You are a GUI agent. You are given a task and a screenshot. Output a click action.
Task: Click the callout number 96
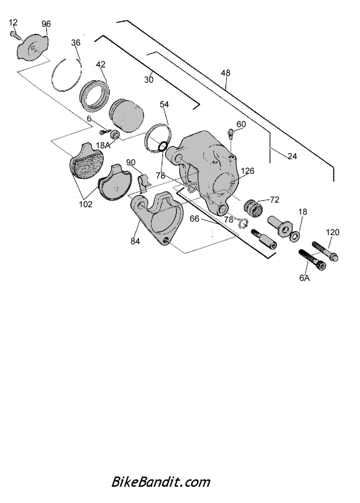(46, 24)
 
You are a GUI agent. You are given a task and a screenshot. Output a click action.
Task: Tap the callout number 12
(13, 23)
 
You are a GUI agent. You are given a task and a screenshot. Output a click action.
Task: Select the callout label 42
(100, 64)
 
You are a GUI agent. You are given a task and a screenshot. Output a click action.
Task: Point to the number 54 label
(164, 104)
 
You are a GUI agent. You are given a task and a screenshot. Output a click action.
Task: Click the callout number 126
(248, 170)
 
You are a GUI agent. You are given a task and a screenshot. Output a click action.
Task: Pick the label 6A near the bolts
(305, 278)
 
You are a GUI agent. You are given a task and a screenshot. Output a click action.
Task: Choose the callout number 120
(332, 232)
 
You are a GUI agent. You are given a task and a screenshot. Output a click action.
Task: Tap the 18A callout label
(103, 145)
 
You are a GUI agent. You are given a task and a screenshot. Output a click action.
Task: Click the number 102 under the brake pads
(85, 204)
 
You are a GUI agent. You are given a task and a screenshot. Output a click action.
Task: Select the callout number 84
(135, 241)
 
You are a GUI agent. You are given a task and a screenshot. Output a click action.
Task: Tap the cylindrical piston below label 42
(126, 115)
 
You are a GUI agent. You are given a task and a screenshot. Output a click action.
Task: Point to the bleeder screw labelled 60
(230, 133)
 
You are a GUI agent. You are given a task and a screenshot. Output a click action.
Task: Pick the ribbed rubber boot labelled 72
(253, 208)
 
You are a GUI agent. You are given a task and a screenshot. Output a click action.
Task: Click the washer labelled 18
(295, 237)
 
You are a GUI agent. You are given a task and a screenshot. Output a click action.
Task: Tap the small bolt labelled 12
(15, 35)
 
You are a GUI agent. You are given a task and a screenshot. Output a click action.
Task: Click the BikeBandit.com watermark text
(161, 482)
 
